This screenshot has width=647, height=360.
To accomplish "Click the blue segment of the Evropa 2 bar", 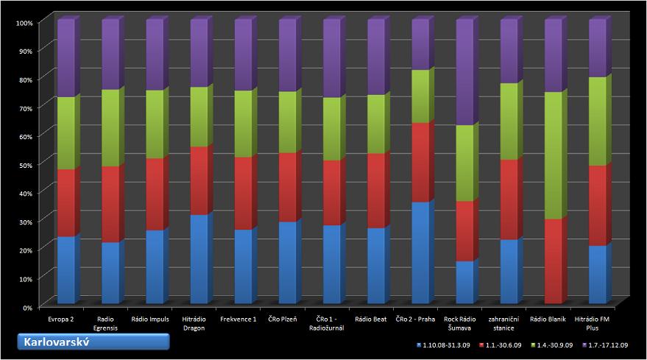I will [66, 270].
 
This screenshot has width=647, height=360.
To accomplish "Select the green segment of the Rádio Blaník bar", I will [553, 155].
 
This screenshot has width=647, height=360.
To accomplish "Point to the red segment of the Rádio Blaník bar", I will [553, 261].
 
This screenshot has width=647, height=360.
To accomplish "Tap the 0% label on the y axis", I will [26, 306].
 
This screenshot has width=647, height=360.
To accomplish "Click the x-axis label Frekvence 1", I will [238, 320].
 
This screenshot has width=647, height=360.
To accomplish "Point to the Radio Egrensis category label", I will [106, 323].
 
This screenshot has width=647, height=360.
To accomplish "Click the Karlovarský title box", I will [93, 342].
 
